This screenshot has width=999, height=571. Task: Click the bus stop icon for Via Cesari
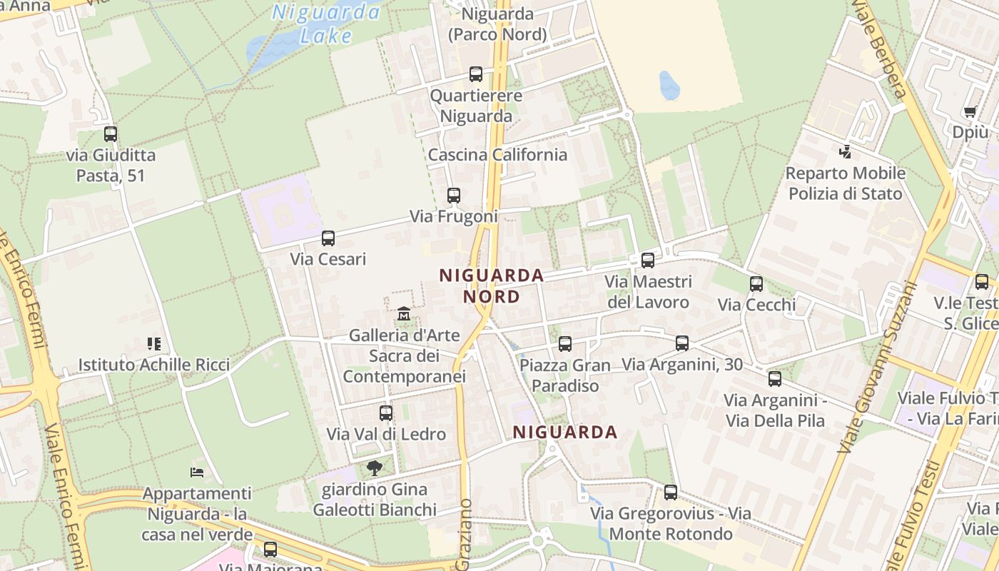pyautogui.click(x=328, y=238)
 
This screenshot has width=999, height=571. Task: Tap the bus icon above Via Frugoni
pyautogui.click(x=454, y=195)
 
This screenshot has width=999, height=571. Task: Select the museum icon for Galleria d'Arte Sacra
pyautogui.click(x=404, y=313)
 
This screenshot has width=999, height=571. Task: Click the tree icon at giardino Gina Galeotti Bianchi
pyautogui.click(x=374, y=468)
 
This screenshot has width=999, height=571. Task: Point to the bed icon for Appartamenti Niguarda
pyautogui.click(x=197, y=472)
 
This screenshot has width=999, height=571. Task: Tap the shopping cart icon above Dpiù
pyautogui.click(x=970, y=111)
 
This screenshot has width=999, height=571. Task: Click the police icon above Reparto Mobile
pyautogui.click(x=846, y=151)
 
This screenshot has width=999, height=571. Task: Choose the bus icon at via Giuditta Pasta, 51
pyautogui.click(x=111, y=133)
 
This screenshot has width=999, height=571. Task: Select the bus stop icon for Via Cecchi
pyautogui.click(x=756, y=283)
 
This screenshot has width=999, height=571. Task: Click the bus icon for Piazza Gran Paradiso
pyautogui.click(x=565, y=344)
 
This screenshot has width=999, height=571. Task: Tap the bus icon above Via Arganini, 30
pyautogui.click(x=682, y=343)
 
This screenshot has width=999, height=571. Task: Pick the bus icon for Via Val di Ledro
pyautogui.click(x=386, y=413)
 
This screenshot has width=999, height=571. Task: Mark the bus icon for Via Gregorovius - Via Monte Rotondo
pyautogui.click(x=671, y=492)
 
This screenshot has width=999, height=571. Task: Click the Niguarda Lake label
pyautogui.click(x=326, y=23)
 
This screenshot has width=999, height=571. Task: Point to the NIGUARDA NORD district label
pyautogui.click(x=491, y=285)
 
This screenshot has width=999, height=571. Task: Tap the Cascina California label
pyautogui.click(x=497, y=155)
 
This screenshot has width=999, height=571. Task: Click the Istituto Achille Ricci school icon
pyautogui.click(x=153, y=344)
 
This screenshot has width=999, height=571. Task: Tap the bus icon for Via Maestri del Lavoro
pyautogui.click(x=648, y=261)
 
